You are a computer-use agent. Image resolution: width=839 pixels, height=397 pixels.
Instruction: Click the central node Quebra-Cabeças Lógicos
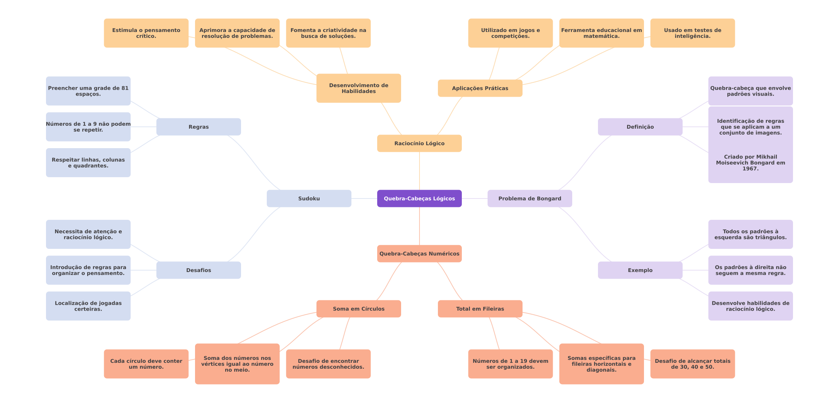(x=419, y=198)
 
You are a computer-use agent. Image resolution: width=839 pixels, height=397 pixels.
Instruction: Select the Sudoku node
(x=309, y=198)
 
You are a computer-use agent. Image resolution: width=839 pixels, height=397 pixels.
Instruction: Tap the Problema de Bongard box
(x=530, y=198)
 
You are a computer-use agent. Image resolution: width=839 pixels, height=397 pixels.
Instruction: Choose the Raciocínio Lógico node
(x=419, y=143)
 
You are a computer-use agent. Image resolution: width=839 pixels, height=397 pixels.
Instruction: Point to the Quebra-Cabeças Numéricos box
(x=419, y=254)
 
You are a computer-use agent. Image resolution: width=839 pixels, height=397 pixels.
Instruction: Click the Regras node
(x=198, y=127)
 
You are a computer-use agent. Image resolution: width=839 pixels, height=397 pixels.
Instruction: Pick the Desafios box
(x=198, y=270)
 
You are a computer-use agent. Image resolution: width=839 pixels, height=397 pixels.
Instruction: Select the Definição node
(x=640, y=127)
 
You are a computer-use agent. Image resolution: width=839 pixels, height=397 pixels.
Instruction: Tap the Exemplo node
(x=640, y=270)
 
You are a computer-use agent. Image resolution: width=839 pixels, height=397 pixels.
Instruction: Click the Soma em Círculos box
(x=358, y=309)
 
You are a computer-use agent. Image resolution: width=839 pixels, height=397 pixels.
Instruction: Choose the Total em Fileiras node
(x=480, y=309)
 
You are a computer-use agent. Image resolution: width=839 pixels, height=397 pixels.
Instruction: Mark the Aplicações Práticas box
(x=480, y=88)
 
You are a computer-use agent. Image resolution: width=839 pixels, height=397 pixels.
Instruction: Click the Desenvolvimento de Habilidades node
(x=358, y=88)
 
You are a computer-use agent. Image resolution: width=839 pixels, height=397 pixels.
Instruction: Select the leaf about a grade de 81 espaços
(x=88, y=91)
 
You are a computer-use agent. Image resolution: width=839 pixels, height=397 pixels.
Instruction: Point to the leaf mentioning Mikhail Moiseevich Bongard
(x=750, y=162)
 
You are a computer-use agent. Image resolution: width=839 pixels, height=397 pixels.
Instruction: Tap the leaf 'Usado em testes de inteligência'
(x=692, y=33)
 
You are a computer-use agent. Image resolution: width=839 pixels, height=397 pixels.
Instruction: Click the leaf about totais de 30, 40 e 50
(x=692, y=364)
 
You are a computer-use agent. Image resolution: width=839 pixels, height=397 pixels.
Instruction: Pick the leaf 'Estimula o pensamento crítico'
(x=146, y=33)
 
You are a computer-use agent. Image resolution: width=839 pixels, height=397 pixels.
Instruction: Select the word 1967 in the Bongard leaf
(x=750, y=169)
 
